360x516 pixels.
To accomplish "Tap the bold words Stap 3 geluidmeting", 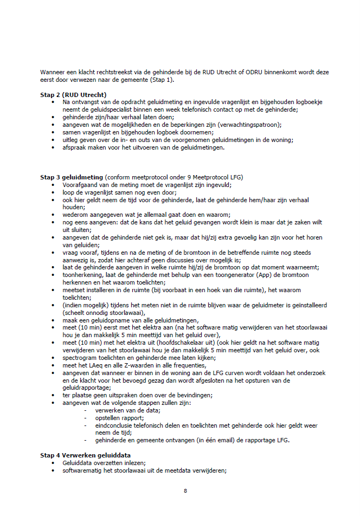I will [x=71, y=177].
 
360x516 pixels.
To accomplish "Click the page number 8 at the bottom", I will [x=185, y=491].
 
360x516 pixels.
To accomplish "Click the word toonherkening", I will [x=82, y=275].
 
